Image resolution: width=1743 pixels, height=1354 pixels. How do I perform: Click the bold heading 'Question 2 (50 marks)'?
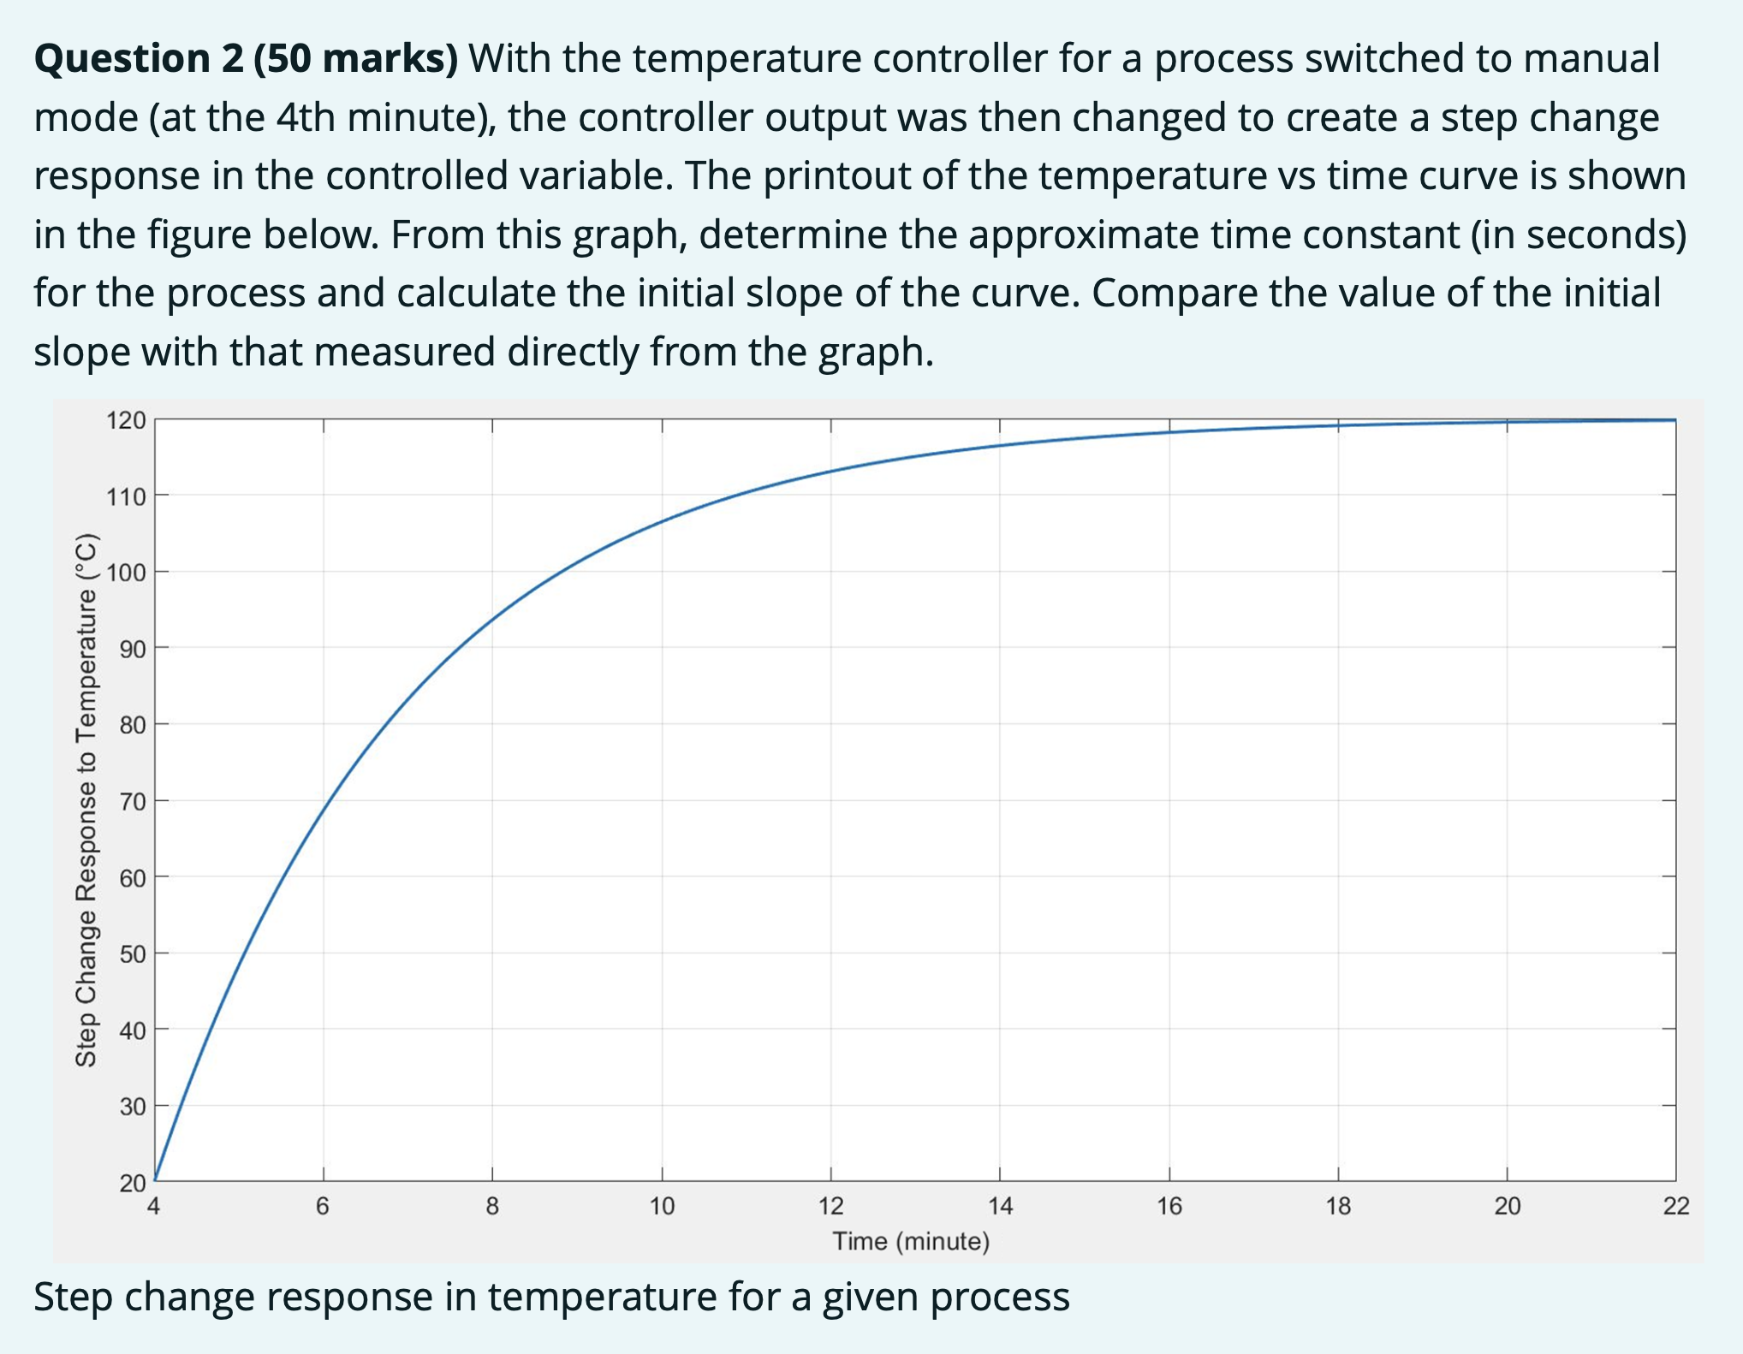click(246, 59)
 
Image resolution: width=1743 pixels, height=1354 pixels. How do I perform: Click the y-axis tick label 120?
click(126, 420)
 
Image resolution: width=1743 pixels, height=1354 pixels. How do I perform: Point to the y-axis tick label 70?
click(132, 802)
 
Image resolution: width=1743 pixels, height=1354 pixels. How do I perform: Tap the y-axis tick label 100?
click(126, 573)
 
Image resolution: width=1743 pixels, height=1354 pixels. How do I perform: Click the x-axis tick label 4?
click(154, 1207)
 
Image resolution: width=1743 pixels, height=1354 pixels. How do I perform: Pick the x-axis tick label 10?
click(662, 1207)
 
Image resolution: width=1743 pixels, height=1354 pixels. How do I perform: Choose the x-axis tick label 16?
click(1169, 1207)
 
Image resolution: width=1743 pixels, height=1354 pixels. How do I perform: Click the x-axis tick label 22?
click(1676, 1207)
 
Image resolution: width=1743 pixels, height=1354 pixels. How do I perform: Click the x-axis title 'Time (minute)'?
click(911, 1241)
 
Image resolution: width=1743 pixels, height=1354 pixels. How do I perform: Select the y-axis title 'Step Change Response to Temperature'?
click(86, 800)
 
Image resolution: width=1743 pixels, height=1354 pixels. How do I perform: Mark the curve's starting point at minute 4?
click(156, 1179)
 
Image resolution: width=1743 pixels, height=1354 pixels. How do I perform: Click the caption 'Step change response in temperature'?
click(551, 1297)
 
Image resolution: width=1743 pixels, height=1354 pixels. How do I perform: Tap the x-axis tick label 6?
click(323, 1207)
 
